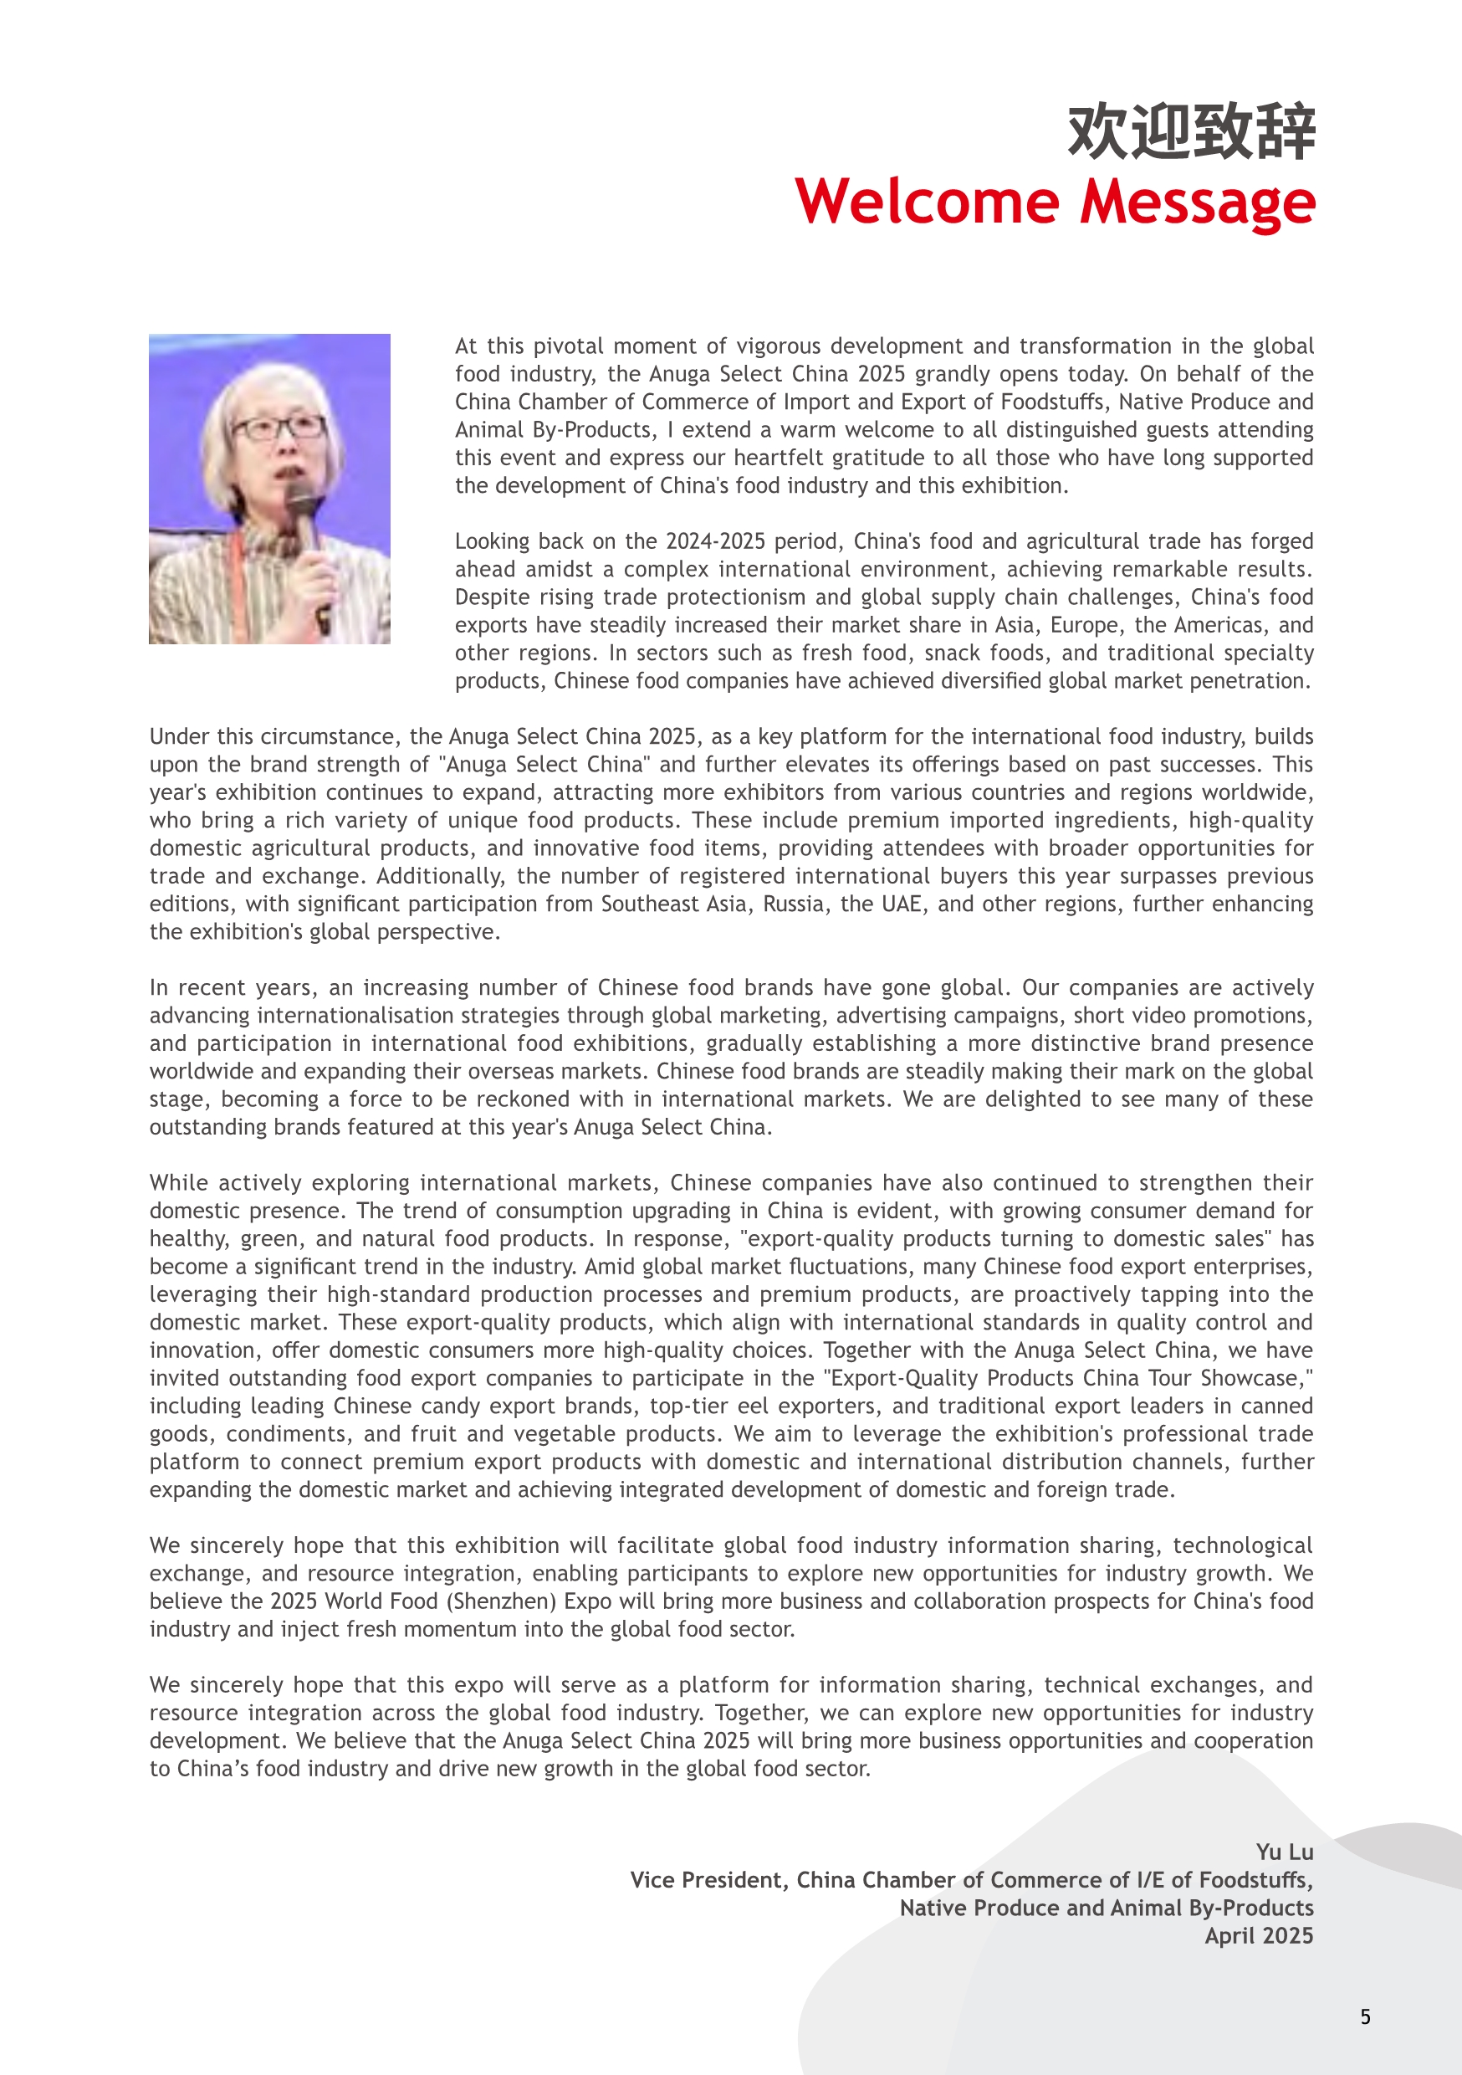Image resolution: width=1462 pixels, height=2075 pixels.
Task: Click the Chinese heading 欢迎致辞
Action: coord(1191,132)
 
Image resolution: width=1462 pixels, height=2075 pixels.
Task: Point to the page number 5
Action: coord(1365,2016)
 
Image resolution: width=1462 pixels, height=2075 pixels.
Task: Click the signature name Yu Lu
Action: coord(1284,1852)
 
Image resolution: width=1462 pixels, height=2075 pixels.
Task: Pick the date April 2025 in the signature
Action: coord(1259,1935)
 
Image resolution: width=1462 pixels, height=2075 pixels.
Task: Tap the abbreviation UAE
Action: coord(902,904)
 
